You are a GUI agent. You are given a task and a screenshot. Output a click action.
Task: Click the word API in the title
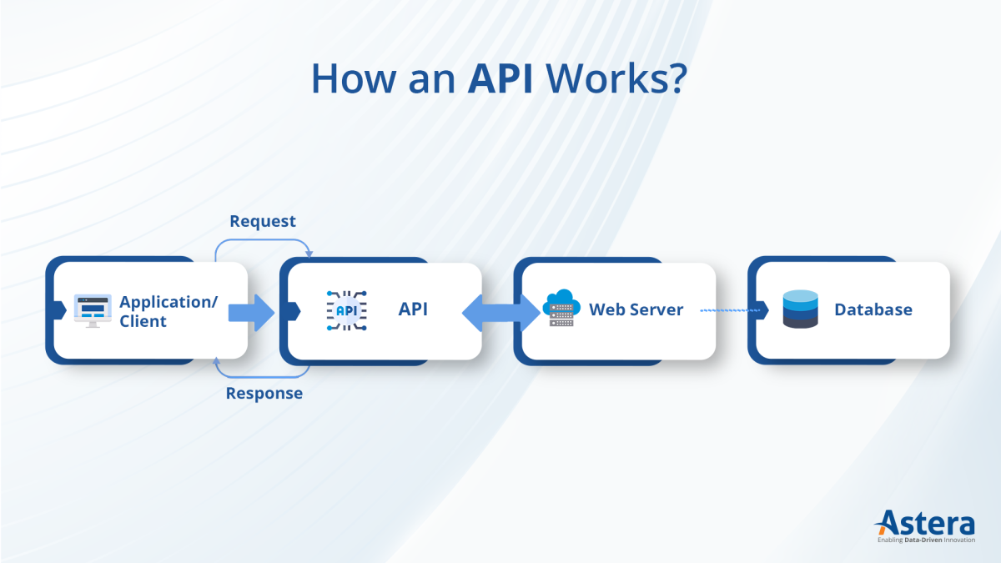(x=500, y=78)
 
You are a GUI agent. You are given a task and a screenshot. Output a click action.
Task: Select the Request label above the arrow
(x=263, y=221)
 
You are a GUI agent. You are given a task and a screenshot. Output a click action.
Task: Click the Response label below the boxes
(x=264, y=393)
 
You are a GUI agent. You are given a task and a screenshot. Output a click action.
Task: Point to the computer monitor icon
(x=92, y=310)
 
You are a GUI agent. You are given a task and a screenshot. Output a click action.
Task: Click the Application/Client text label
(x=168, y=311)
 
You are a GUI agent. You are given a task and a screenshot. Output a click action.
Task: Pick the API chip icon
(x=345, y=310)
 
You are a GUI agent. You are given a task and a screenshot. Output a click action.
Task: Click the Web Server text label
(x=636, y=310)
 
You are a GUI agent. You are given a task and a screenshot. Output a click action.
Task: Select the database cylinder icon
(x=801, y=309)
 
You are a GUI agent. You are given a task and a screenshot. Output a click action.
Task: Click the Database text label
(x=873, y=310)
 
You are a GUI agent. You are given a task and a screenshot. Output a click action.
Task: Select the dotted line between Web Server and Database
(x=731, y=310)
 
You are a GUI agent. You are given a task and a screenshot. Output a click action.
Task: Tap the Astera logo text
(x=926, y=524)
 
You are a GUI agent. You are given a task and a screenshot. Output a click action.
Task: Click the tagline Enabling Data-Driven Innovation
(x=926, y=540)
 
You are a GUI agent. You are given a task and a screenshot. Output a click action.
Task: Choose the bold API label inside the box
(x=413, y=309)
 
